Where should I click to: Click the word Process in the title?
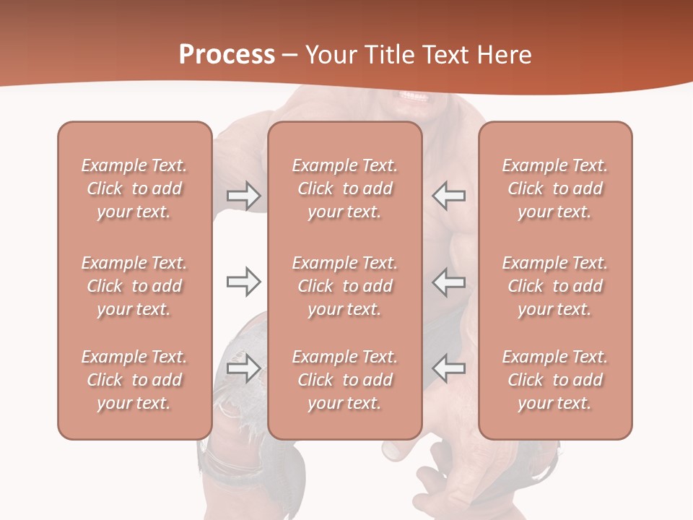tap(227, 54)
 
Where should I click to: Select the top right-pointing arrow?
tap(243, 196)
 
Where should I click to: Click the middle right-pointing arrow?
tap(243, 282)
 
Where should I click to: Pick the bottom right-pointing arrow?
tap(243, 368)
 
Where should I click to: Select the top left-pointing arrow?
tap(449, 196)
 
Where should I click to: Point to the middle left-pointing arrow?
tap(449, 282)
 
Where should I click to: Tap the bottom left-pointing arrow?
tap(449, 368)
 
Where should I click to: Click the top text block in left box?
tap(134, 188)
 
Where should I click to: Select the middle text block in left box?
tap(134, 286)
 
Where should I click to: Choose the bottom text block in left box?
tap(134, 380)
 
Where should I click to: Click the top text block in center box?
tap(344, 188)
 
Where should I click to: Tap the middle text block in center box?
tap(344, 286)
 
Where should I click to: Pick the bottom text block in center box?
tap(344, 380)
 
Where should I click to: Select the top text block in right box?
tap(554, 188)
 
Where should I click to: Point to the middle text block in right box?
tap(554, 286)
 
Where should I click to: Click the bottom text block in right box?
tap(554, 380)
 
